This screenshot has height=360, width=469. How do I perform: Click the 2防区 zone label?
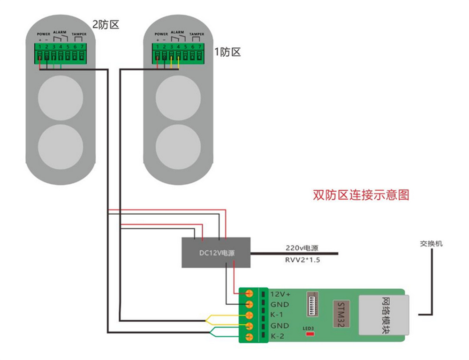click(106, 25)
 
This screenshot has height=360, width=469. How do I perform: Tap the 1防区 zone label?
click(227, 52)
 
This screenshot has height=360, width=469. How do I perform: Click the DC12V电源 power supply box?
click(216, 253)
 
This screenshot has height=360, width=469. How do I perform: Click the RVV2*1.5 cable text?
click(302, 260)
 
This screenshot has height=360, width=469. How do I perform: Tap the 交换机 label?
click(431, 244)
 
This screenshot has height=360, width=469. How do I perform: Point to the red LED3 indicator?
click(310, 334)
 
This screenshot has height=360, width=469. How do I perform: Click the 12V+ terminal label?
click(280, 294)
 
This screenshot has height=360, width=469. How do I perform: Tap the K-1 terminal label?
click(277, 315)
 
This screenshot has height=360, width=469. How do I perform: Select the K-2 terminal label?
click(277, 336)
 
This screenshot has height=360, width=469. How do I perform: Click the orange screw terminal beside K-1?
click(250, 315)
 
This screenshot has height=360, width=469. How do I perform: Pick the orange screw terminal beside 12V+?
click(250, 294)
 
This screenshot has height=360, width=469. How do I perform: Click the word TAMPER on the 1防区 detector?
click(197, 34)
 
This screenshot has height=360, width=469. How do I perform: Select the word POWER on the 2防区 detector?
click(44, 34)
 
